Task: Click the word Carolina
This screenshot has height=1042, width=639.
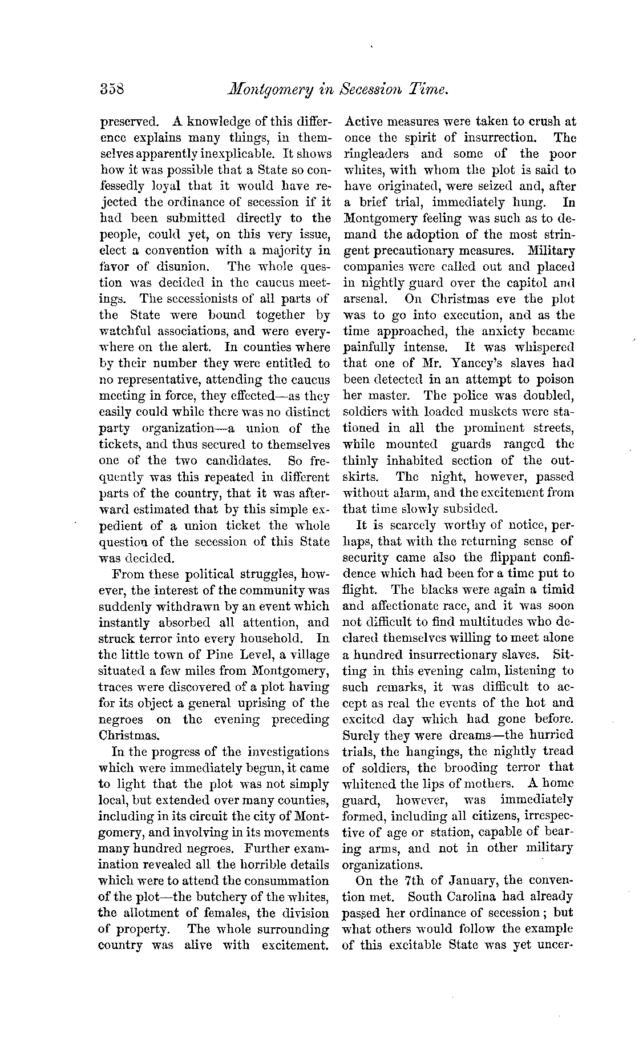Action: point(480,897)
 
